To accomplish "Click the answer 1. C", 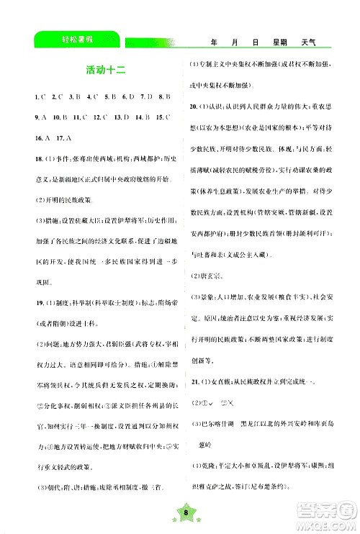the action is coord(29,95).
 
